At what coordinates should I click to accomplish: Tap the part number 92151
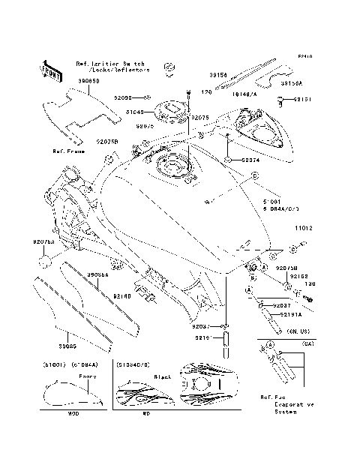(x=301, y=99)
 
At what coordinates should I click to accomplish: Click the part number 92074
(x=252, y=160)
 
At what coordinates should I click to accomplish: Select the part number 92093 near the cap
(x=124, y=98)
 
